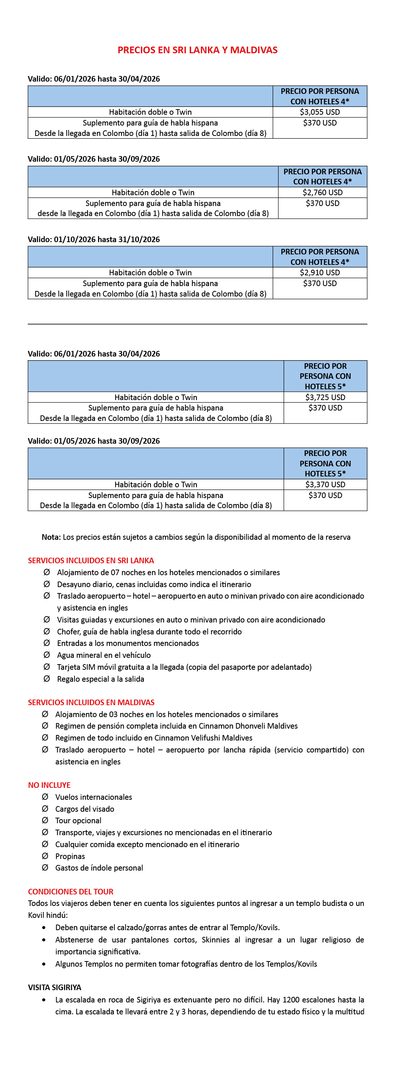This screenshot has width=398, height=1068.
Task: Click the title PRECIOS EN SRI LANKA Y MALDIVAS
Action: click(x=198, y=50)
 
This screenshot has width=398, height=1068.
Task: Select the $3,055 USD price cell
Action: click(x=320, y=112)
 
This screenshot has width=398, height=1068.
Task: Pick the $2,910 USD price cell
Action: click(x=320, y=272)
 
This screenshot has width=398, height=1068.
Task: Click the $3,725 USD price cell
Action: click(x=325, y=397)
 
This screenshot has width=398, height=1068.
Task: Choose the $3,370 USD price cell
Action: click(x=325, y=484)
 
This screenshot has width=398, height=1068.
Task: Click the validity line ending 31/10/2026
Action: click(x=94, y=239)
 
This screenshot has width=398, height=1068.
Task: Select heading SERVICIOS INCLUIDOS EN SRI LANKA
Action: click(x=91, y=561)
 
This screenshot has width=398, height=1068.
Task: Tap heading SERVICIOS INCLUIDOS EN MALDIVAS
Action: click(x=91, y=702)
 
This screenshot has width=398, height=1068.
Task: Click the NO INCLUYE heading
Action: click(x=49, y=785)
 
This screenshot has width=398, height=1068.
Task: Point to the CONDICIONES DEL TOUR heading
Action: click(x=70, y=891)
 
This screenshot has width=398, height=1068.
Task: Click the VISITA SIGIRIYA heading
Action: click(x=55, y=987)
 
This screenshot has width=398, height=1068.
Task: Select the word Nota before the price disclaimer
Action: click(x=51, y=537)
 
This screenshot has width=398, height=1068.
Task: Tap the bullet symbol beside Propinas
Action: click(x=45, y=856)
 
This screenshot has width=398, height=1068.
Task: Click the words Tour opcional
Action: click(x=78, y=821)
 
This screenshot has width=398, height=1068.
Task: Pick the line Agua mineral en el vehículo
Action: click(x=104, y=655)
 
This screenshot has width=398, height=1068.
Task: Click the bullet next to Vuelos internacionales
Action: click(x=45, y=796)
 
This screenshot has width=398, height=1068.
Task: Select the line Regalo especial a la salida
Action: click(x=100, y=679)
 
